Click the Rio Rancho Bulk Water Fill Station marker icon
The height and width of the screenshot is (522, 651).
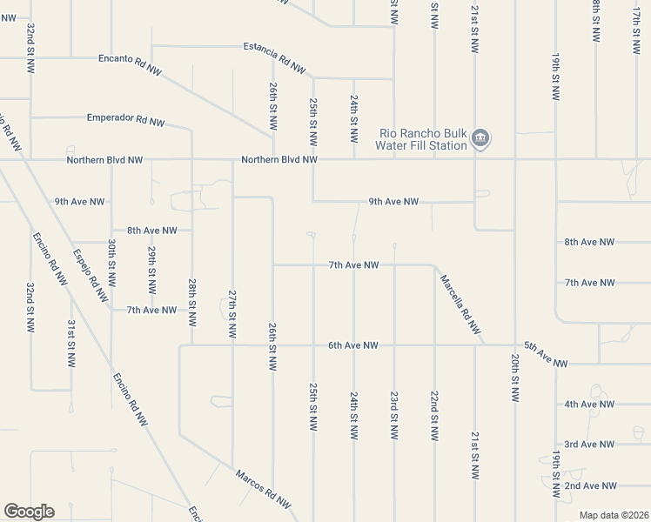(x=480, y=138)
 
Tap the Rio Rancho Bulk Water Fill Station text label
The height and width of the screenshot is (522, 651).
(x=421, y=139)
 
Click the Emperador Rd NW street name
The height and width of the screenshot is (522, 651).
(x=125, y=120)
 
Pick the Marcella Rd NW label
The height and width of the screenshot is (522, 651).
(x=460, y=304)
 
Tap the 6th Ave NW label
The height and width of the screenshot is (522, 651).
(x=352, y=345)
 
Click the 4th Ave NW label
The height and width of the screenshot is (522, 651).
(x=589, y=405)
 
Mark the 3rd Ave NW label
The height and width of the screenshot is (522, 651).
(x=589, y=445)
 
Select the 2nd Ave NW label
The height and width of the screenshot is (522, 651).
(x=590, y=485)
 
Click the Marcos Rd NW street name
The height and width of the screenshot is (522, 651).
(x=262, y=489)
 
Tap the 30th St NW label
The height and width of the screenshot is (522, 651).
(x=111, y=264)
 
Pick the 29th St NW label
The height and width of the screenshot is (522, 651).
(x=151, y=271)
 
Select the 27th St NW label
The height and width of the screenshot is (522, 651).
(x=232, y=314)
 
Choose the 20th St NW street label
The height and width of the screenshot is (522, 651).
(x=515, y=378)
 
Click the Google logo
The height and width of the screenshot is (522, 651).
(x=29, y=512)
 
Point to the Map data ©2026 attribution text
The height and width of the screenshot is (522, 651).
(x=614, y=515)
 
